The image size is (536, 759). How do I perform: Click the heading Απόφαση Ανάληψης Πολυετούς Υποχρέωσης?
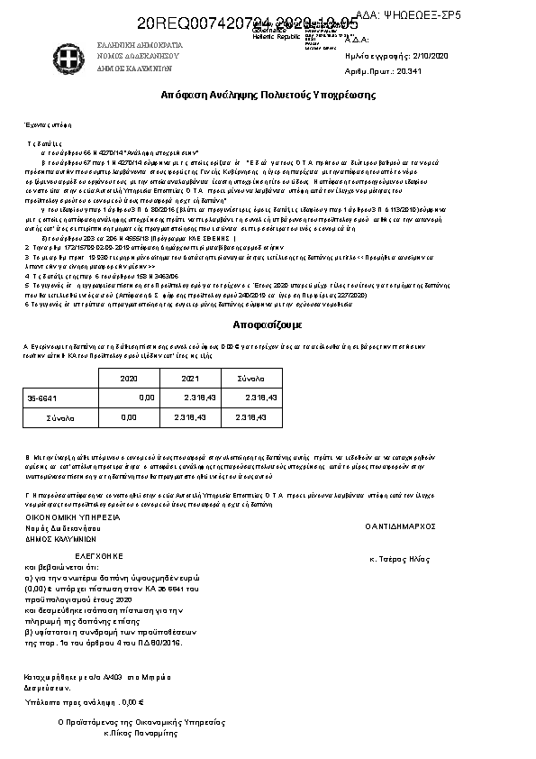point(268,95)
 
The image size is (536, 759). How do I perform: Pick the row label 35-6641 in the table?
point(41,397)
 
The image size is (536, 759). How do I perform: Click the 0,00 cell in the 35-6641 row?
point(146,397)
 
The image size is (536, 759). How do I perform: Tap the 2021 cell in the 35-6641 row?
point(200,397)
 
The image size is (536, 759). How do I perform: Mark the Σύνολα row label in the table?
point(61,417)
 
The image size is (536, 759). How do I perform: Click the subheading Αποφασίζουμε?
point(268,324)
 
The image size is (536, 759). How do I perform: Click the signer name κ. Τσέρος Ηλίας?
point(400,559)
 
